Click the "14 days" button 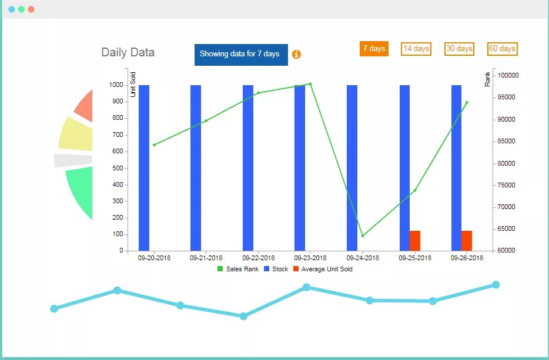pos(416,49)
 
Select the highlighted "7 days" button pos(374,49)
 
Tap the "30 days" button pos(459,49)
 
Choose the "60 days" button pos(502,49)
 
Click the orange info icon pos(296,54)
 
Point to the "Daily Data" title pos(128,52)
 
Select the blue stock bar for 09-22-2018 pos(248,167)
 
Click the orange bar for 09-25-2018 pos(415,241)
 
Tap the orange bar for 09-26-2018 pos(467,241)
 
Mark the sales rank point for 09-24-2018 pos(363,235)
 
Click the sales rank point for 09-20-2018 pos(154,144)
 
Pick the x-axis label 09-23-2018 pos(310,258)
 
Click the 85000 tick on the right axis pos(507,141)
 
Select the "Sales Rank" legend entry pos(238,269)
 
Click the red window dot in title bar pos(31,9)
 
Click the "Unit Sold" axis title pos(133,84)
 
